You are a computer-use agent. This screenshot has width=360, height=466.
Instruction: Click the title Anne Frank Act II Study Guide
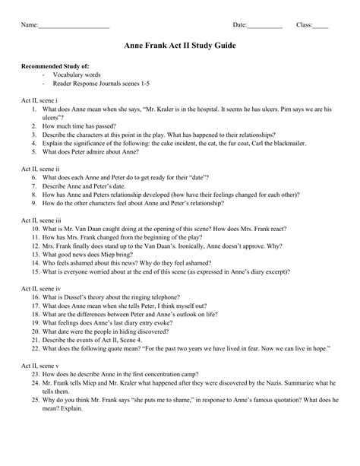[x=180, y=46]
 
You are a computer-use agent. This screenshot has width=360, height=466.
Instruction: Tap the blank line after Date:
[x=265, y=26]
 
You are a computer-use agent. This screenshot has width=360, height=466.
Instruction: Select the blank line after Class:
[x=321, y=26]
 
